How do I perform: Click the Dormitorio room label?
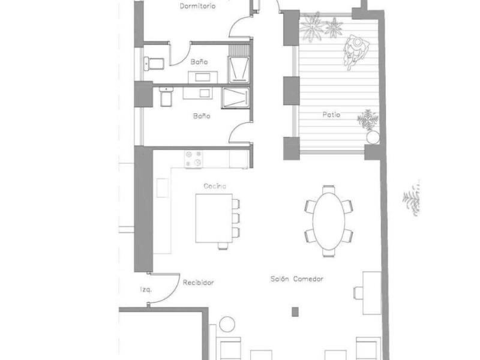click(x=197, y=6)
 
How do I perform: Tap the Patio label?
click(x=331, y=115)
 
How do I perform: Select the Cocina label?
click(x=215, y=186)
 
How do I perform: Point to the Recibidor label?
click(x=198, y=283)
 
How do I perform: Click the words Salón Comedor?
click(x=296, y=279)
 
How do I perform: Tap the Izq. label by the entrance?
click(x=146, y=289)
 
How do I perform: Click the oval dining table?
click(x=329, y=220)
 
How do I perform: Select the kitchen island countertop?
click(x=214, y=218)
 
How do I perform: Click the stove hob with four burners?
click(x=193, y=159)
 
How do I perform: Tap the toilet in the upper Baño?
click(x=154, y=64)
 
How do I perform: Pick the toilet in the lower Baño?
click(x=166, y=97)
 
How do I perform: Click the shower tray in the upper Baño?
click(x=239, y=70)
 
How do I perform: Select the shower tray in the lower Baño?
click(x=236, y=98)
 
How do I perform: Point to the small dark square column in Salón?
click(x=295, y=311)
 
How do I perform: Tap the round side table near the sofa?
click(x=227, y=324)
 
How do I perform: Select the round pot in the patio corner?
click(x=373, y=137)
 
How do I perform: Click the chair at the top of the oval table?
click(x=328, y=188)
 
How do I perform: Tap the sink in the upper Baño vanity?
click(x=202, y=77)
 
